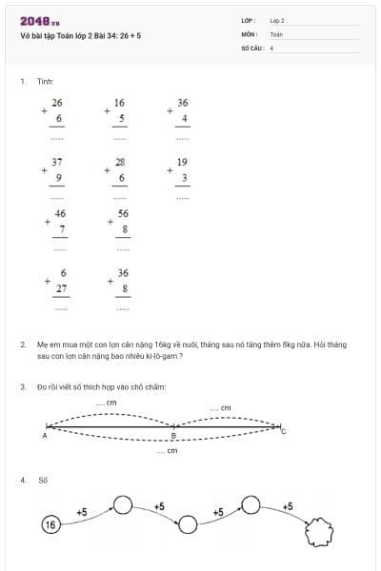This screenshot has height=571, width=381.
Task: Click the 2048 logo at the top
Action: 39,21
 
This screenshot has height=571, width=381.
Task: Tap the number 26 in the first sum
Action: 57,102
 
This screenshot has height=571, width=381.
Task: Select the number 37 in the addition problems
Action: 58,162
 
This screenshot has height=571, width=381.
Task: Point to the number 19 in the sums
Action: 182,162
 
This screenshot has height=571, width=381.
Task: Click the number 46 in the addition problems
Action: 60,214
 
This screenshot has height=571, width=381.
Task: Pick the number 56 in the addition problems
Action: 123,214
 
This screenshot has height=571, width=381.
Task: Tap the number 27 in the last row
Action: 61,287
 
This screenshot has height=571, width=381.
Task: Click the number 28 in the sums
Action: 120,162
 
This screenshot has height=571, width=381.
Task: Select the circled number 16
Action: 50,523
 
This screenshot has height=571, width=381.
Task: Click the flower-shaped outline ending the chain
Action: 319,534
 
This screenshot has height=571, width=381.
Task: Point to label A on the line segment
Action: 45,435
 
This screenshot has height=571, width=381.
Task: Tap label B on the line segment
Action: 173,436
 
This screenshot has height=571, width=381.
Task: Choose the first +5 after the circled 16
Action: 82,512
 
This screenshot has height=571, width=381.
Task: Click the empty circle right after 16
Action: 123,503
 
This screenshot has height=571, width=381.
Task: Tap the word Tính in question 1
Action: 46,82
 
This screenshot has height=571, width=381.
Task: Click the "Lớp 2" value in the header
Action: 277,20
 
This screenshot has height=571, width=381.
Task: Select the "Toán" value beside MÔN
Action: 276,33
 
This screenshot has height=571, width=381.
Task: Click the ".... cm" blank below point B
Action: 168,450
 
